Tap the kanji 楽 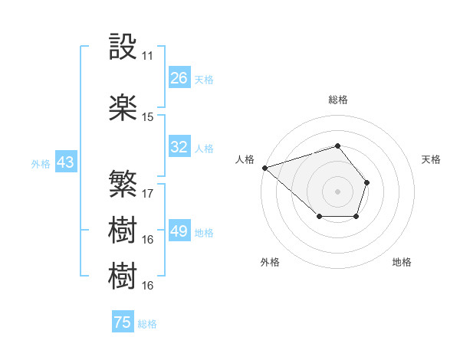[123, 108]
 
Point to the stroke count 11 [147, 56]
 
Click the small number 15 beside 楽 [147, 117]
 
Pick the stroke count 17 [147, 193]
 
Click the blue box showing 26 [179, 78]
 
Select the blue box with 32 [179, 147]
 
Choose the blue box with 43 [65, 162]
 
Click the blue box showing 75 [123, 322]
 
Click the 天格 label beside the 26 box [204, 79]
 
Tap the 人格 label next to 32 [204, 148]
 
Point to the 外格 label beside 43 [41, 163]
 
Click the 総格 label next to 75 [147, 324]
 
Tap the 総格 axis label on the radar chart [337, 100]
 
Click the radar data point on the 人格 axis [264, 167]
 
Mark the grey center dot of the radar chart [337, 191]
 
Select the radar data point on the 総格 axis [337, 146]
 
